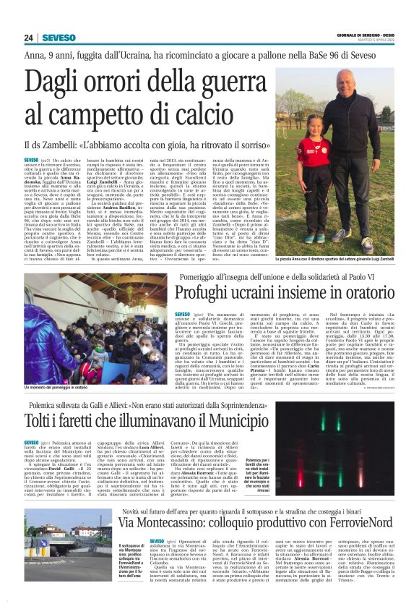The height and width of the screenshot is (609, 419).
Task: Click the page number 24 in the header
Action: pos(28,38)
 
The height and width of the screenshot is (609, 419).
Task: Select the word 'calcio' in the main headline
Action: pos(209,113)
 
